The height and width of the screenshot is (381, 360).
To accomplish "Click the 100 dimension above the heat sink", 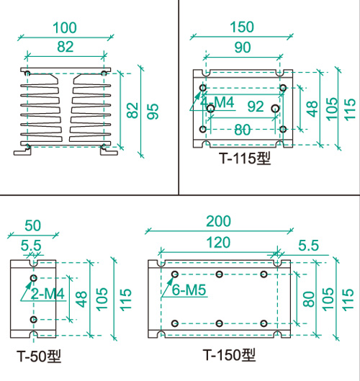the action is pyautogui.click(x=65, y=27).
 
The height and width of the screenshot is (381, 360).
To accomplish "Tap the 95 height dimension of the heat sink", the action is pyautogui.click(x=153, y=112).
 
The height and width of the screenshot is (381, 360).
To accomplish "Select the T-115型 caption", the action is pyautogui.click(x=245, y=158).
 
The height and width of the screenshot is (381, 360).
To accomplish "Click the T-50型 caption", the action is pyautogui.click(x=39, y=356).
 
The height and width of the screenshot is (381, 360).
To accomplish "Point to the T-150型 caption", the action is pyautogui.click(x=229, y=355).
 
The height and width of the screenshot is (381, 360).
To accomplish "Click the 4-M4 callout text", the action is pyautogui.click(x=217, y=102).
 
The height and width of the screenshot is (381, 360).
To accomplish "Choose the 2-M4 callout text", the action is pyautogui.click(x=48, y=294).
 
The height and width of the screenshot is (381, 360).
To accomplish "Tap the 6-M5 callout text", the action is pyautogui.click(x=189, y=290).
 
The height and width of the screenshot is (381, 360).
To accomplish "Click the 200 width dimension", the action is pyautogui.click(x=218, y=221).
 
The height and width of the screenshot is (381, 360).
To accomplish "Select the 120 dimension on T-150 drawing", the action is pyautogui.click(x=218, y=243).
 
